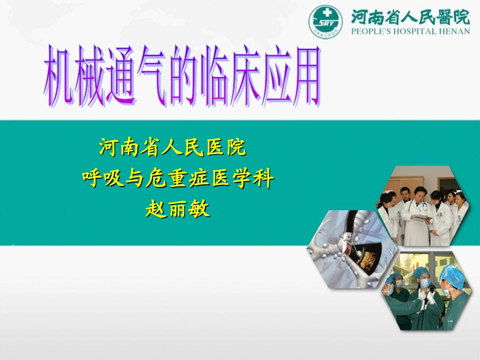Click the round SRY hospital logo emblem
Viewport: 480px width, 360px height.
coord(326,21)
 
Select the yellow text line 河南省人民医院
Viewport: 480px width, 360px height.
coord(173,148)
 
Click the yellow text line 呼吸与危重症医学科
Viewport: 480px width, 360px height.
coord(178,179)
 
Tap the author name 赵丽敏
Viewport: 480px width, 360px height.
coord(178,209)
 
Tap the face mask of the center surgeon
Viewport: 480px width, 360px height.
coord(425,284)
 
